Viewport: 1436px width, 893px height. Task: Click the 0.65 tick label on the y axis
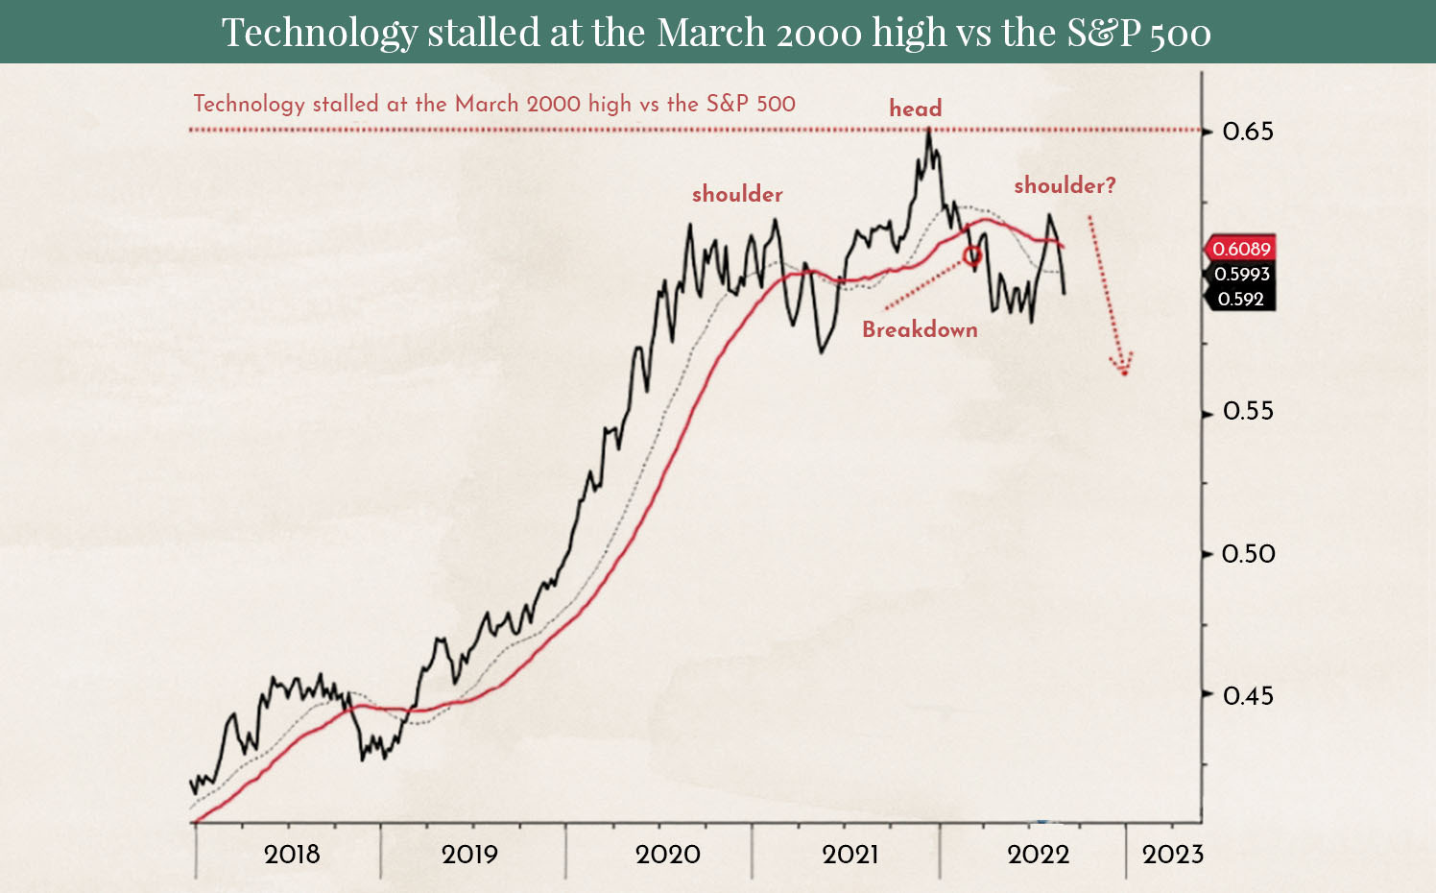pos(1248,132)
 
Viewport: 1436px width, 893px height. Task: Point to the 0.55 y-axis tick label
pos(1248,412)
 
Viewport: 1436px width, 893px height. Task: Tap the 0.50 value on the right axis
pos(1248,554)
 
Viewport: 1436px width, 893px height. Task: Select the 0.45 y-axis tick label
pos(1248,695)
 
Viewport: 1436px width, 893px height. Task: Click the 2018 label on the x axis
pos(292,855)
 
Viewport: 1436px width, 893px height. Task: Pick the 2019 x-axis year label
pos(469,855)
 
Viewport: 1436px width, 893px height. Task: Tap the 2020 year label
pos(668,855)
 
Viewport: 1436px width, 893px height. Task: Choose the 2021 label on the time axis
pos(850,855)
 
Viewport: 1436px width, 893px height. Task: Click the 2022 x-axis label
pos(1038,855)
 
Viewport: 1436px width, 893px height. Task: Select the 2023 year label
pos(1172,855)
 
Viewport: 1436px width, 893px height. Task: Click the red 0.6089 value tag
pos(1240,250)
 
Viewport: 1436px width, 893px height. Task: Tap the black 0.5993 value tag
pos(1241,275)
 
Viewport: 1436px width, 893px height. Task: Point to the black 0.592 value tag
pos(1240,300)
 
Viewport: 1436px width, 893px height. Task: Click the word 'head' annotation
pos(916,109)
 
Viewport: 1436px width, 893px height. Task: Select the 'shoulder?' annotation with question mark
pos(1065,185)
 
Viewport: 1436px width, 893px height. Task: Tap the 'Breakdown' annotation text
pos(920,330)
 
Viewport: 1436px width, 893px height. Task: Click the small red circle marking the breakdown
pos(972,255)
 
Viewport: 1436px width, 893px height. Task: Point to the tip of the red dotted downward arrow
pos(1124,373)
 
